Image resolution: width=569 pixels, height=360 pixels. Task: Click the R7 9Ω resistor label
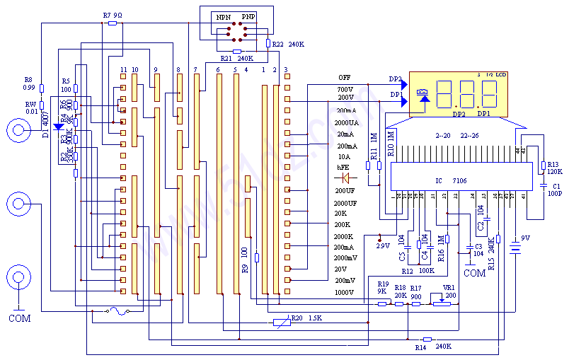tap(113, 15)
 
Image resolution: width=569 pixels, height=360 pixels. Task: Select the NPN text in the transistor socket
tap(223, 16)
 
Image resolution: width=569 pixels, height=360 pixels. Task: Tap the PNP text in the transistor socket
tap(248, 16)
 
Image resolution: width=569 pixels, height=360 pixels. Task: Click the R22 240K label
tap(289, 45)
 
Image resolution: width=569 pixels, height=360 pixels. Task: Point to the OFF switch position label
tap(344, 77)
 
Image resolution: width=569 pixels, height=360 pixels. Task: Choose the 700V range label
tap(345, 90)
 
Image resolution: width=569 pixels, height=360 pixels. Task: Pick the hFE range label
tap(343, 168)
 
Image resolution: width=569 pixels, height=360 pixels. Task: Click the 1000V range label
tap(344, 292)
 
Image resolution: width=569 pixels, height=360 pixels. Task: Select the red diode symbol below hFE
tap(346, 179)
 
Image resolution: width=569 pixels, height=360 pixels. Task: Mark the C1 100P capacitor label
tap(553, 190)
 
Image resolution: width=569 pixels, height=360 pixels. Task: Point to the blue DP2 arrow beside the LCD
tap(403, 80)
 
